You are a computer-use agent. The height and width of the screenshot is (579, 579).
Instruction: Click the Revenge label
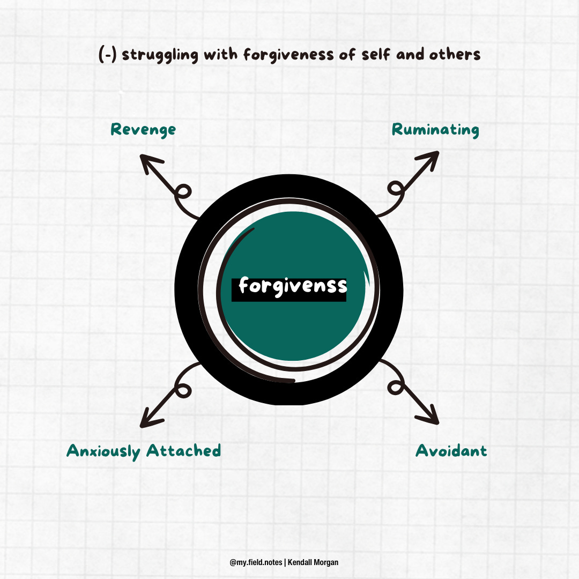point(143,130)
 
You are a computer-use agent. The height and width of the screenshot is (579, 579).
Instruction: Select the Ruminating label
point(435,130)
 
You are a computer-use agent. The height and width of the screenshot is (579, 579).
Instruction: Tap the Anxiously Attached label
point(144,451)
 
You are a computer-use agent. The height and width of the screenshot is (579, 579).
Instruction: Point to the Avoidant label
point(451,451)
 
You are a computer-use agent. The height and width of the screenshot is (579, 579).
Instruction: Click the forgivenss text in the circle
point(293,285)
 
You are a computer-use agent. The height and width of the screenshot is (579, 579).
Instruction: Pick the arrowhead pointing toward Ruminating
point(432,158)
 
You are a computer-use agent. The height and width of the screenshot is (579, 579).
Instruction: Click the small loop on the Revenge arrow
point(183,192)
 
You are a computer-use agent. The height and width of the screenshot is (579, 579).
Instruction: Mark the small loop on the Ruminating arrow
point(396,188)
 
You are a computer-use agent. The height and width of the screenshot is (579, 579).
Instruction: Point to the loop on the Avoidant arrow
point(396,387)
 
